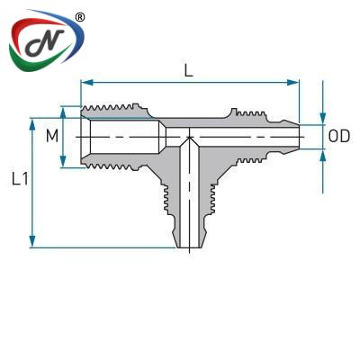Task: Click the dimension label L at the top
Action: [188, 70]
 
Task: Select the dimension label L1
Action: [21, 179]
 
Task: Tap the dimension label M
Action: [52, 137]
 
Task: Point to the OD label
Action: [339, 137]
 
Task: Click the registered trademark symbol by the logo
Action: [79, 17]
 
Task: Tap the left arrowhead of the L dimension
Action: [86, 83]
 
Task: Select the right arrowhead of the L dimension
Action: [293, 83]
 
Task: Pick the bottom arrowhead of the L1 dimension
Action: [32, 241]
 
